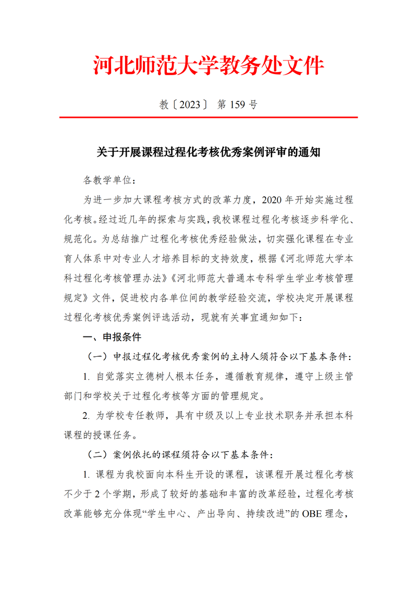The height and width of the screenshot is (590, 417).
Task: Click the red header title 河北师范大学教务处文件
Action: pyautogui.click(x=208, y=66)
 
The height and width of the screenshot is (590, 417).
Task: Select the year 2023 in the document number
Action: pyautogui.click(x=189, y=105)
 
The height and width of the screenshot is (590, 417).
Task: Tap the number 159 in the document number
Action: pyautogui.click(x=237, y=105)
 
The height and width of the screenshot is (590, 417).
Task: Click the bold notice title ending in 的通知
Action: pyautogui.click(x=208, y=152)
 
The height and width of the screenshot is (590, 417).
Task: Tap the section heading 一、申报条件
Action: pyautogui.click(x=112, y=337)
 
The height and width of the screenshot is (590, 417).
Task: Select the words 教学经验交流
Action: pyautogui.click(x=229, y=297)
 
